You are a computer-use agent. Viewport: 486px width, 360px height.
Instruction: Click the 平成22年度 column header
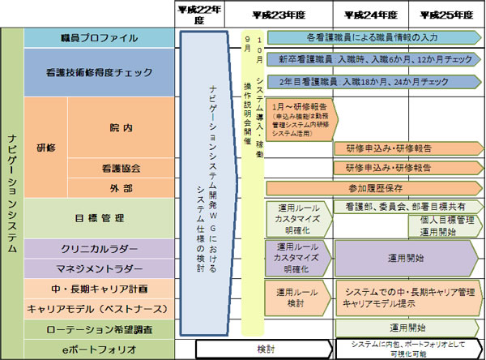point(199,15)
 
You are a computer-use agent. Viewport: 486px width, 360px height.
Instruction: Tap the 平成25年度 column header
point(445,15)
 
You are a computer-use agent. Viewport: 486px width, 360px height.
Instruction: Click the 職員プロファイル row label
point(99,38)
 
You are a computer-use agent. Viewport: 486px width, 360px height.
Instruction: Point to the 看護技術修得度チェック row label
point(99,72)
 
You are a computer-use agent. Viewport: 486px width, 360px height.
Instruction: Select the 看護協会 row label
point(121,169)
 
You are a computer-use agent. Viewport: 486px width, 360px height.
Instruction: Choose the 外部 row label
point(121,187)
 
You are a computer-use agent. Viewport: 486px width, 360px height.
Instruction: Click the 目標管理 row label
point(99,217)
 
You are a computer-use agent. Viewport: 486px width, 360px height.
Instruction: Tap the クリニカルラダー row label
point(99,248)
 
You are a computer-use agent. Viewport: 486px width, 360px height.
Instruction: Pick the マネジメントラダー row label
point(99,268)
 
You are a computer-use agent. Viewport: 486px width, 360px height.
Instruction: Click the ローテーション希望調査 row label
point(99,330)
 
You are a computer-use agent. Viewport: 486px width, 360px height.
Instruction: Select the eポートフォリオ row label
point(99,349)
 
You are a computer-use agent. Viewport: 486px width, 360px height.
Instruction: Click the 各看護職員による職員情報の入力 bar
point(373,38)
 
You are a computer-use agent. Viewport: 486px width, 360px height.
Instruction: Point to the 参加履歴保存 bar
point(373,187)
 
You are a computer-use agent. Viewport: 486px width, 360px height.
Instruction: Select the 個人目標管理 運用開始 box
point(437,225)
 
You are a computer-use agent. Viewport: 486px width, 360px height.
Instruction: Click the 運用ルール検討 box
point(296,298)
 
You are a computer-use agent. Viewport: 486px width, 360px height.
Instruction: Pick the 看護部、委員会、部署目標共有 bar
point(405,208)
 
